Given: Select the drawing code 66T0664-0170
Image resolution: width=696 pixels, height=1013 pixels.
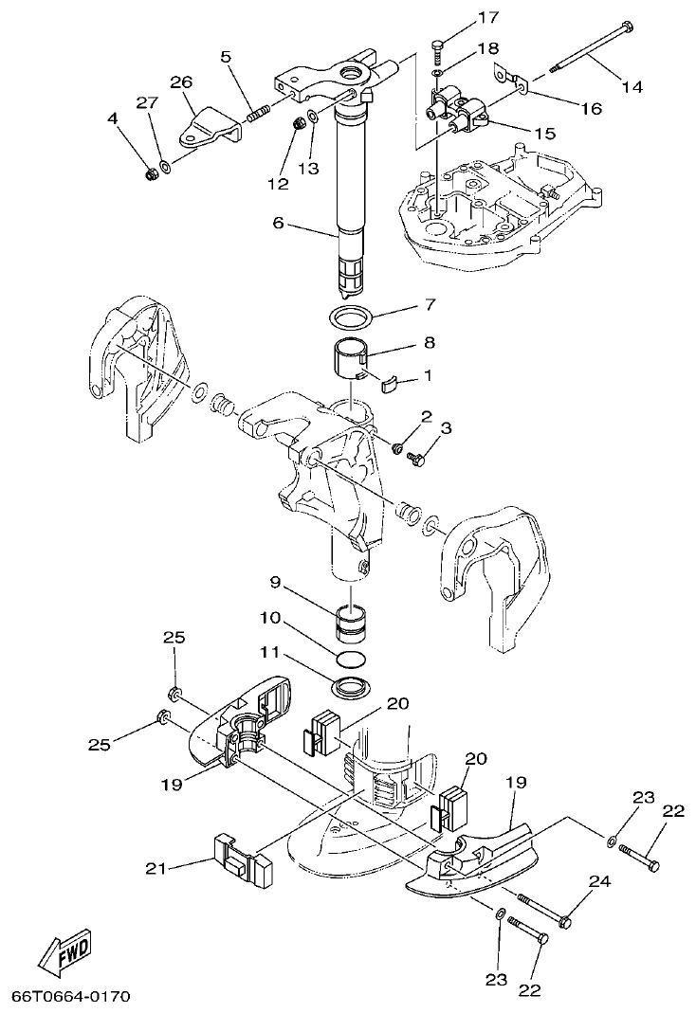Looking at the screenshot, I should point(70,997).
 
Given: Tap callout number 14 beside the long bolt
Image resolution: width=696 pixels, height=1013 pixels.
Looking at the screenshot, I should point(632,86).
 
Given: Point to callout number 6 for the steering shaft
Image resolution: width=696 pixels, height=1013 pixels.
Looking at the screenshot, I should point(278,224).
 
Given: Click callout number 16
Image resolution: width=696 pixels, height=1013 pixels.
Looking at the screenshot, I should point(591,109).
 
